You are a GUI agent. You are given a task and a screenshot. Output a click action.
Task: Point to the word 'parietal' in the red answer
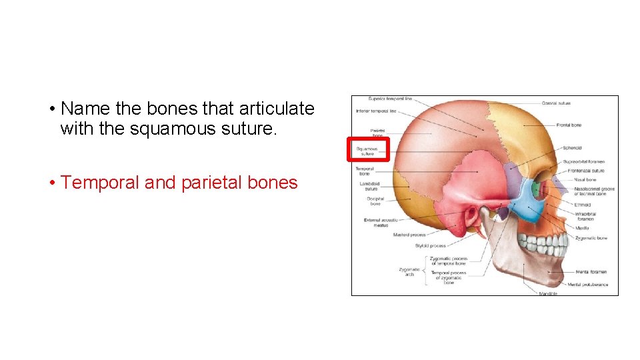pos(213,183)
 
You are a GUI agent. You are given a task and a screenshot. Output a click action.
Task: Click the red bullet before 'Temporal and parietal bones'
pos(51,183)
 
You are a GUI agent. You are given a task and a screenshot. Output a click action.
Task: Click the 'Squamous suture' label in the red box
pos(367,151)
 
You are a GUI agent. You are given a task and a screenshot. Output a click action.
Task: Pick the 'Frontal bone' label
pos(569,125)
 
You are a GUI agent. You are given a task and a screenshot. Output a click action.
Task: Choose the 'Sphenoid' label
pos(572,148)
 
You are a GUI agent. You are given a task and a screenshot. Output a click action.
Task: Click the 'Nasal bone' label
pos(586,179)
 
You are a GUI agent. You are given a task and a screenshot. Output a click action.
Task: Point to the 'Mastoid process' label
pos(409,235)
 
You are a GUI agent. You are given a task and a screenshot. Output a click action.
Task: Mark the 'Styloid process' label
pos(430,246)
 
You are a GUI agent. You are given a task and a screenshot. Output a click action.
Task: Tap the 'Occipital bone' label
pos(375,201)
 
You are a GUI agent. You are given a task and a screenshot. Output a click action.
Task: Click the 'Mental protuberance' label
pos(588,285)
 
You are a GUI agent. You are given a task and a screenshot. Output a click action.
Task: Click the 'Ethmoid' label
pos(582,205)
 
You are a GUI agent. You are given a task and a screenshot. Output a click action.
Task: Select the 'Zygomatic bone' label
pos(591,238)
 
